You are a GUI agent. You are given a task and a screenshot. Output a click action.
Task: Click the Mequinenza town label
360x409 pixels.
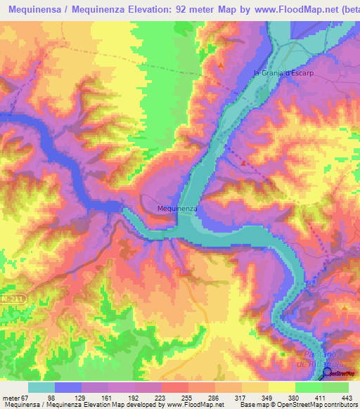click(176, 209)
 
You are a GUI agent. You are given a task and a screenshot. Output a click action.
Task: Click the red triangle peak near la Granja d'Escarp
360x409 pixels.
click(221, 65)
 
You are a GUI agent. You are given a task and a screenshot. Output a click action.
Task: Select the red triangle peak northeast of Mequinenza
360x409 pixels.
click(244, 163)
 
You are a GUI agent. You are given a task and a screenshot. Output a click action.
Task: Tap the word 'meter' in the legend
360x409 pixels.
click(10, 398)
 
